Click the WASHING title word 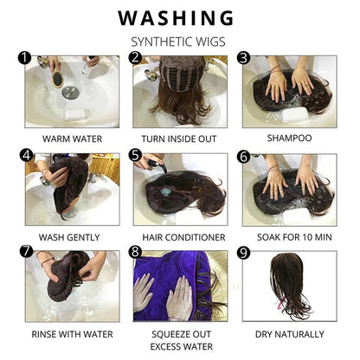(176, 17)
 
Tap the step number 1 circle (26, 59)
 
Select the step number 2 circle (135, 59)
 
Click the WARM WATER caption (69, 138)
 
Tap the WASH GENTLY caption (69, 236)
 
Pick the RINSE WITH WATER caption (69, 333)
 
